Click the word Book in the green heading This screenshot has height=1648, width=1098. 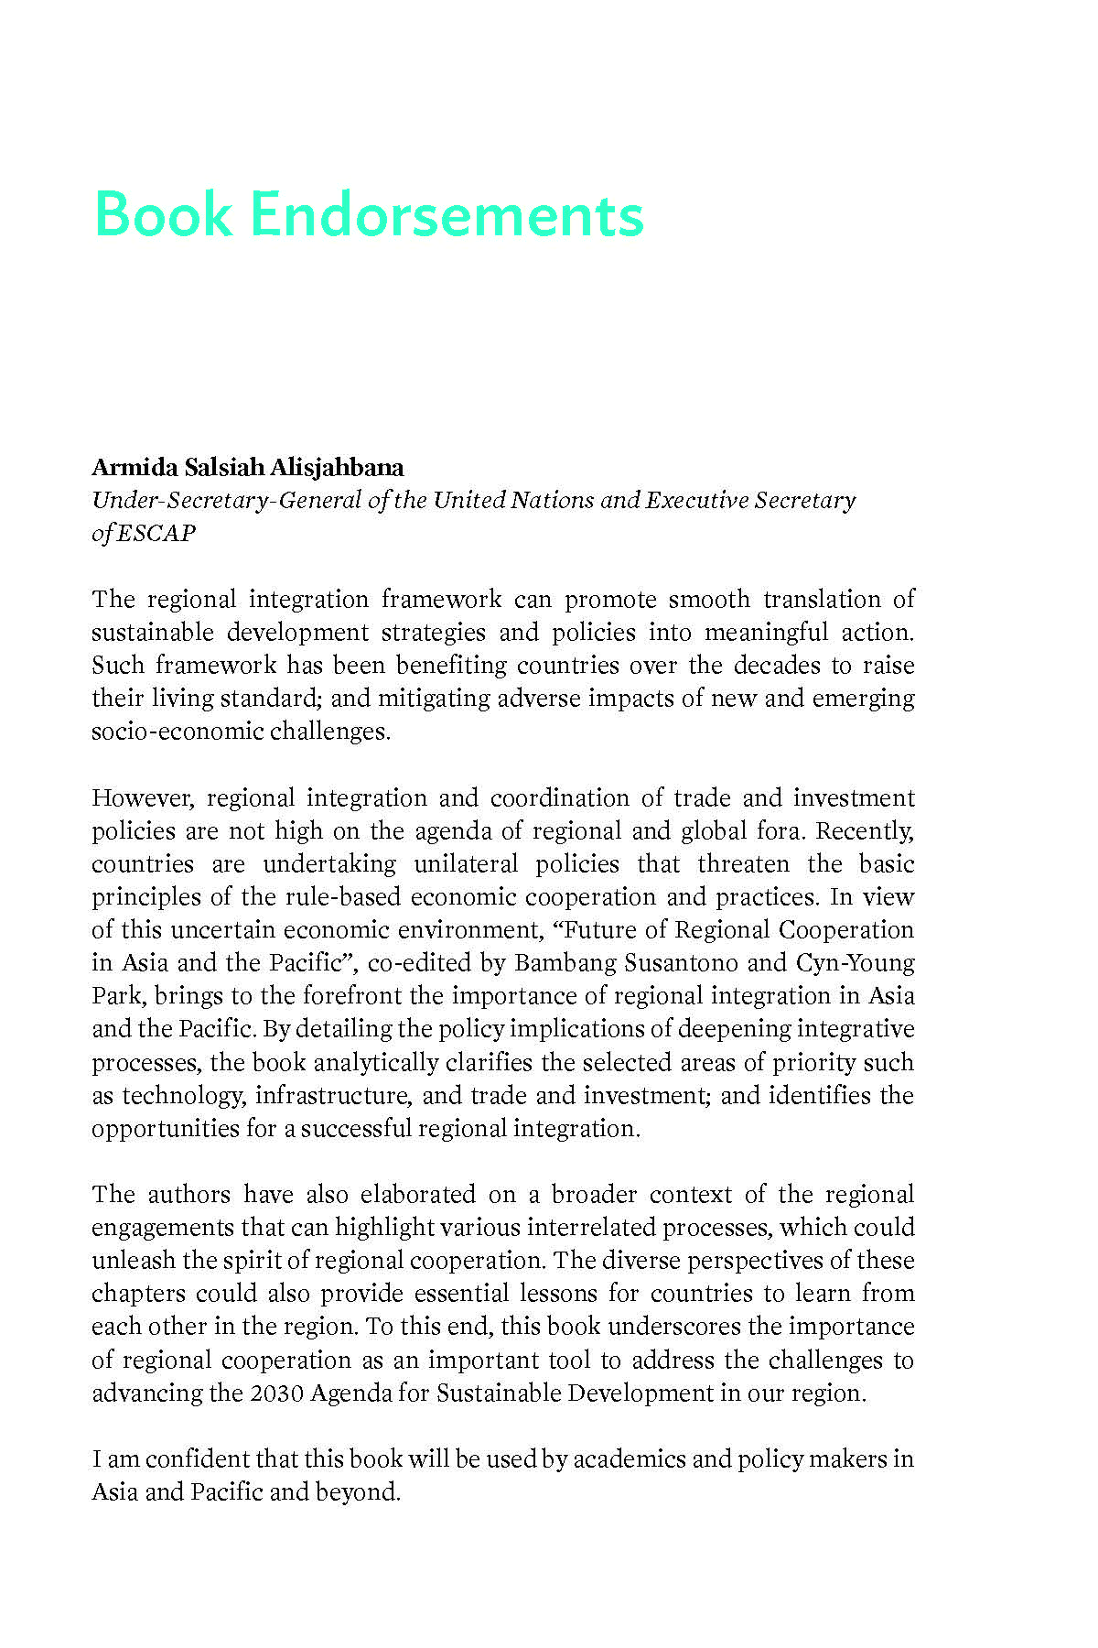[x=163, y=214]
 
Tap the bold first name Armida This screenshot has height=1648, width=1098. [x=135, y=468]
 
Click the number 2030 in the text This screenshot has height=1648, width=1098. [x=275, y=1393]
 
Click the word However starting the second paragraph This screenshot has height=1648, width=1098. [x=143, y=798]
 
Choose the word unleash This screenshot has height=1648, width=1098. [x=134, y=1261]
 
